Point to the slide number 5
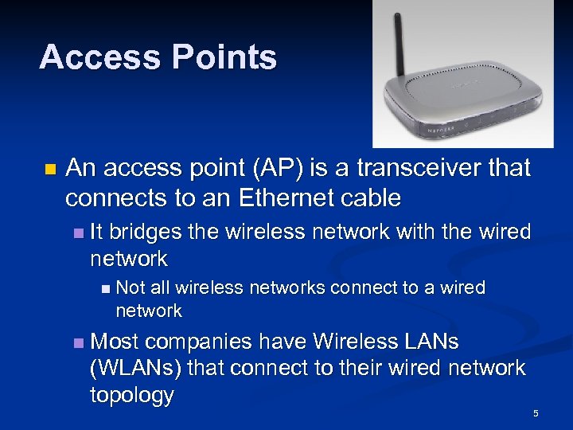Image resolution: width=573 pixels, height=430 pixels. pyautogui.click(x=536, y=413)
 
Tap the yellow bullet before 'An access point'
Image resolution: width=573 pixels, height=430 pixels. pyautogui.click(x=49, y=170)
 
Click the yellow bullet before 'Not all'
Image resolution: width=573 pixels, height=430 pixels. pyautogui.click(x=106, y=288)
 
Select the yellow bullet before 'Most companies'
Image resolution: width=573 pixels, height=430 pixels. pyautogui.click(x=77, y=342)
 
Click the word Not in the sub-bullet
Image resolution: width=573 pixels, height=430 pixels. pyautogui.click(x=131, y=287)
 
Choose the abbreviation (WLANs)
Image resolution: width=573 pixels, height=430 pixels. pyautogui.click(x=136, y=368)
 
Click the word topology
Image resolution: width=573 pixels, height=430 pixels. pyautogui.click(x=133, y=396)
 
